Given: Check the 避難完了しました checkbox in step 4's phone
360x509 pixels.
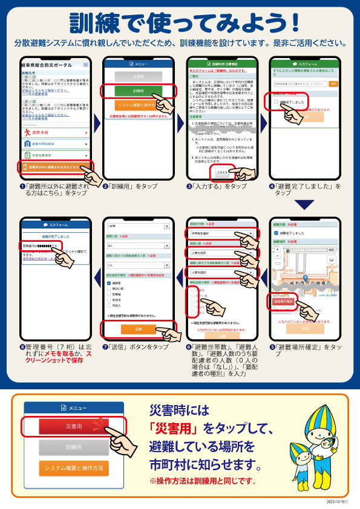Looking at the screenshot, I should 276,103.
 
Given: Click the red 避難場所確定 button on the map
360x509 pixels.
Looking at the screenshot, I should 283,300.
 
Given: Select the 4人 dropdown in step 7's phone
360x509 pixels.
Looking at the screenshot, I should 139,246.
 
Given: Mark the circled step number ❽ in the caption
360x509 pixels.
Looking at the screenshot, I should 22,348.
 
